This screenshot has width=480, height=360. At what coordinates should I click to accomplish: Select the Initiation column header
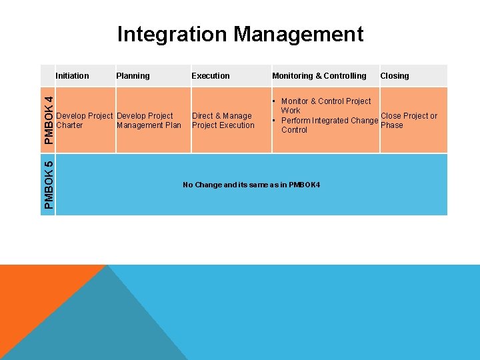click(x=72, y=76)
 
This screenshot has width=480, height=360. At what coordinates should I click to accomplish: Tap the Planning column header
click(x=133, y=76)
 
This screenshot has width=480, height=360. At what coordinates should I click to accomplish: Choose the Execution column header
click(x=211, y=76)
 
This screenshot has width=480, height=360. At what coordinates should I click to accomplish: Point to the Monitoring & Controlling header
click(x=319, y=76)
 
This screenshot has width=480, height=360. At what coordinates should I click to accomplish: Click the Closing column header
click(x=395, y=76)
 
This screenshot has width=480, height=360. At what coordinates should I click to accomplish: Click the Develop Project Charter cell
click(x=85, y=121)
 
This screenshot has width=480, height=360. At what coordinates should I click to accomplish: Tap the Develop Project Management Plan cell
click(x=149, y=121)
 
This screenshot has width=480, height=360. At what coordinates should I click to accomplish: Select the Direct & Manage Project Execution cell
click(x=223, y=121)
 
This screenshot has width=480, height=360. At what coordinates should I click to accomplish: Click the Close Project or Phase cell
click(x=409, y=121)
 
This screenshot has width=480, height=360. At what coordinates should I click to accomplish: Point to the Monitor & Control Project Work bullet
click(x=325, y=105)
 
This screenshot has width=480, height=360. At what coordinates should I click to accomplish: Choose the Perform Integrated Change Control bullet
click(x=329, y=125)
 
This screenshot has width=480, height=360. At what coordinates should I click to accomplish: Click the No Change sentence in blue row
click(x=251, y=185)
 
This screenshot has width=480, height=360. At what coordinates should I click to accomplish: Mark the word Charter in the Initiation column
click(x=70, y=125)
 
